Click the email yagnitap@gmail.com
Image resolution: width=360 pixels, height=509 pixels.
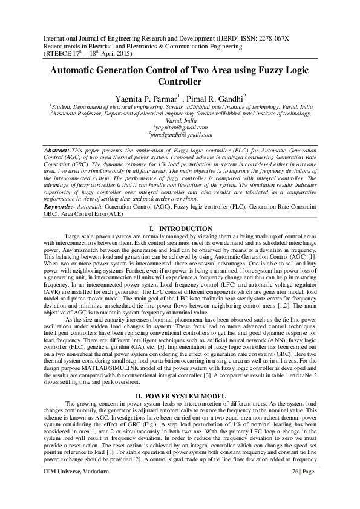coord(181,128)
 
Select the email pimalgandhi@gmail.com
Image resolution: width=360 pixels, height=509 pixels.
coord(180,135)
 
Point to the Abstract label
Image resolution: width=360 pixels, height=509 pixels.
coord(59,149)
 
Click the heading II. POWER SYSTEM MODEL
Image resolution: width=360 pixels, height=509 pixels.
coord(180,395)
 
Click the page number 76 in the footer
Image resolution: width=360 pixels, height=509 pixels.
coord(296,488)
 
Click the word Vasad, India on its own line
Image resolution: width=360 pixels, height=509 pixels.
coord(180,120)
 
